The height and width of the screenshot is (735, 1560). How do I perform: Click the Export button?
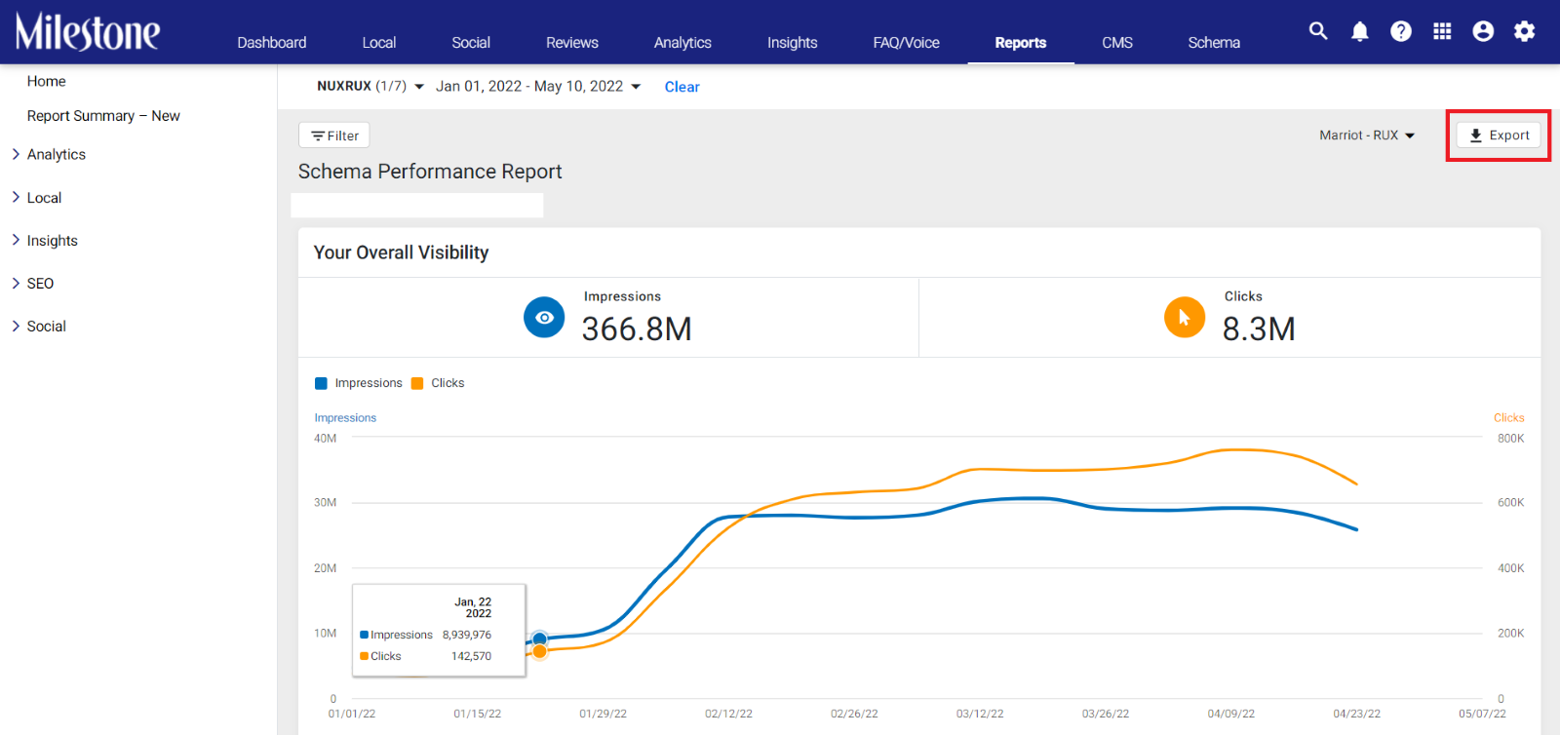coord(1499,135)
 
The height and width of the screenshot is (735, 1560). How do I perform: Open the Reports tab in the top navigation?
coord(1020,43)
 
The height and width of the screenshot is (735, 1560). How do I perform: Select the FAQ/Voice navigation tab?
coord(906,43)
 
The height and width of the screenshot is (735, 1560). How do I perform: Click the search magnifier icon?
coord(1317,30)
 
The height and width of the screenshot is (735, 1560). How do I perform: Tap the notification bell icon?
coord(1359,31)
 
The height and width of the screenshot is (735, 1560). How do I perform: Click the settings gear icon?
coord(1525,31)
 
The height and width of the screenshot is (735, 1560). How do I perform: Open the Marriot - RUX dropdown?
coord(1366,135)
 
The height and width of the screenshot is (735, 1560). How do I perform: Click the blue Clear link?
coord(682,87)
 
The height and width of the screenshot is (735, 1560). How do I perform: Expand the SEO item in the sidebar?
coord(40,284)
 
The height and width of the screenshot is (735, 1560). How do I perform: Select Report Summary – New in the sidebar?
coord(103,116)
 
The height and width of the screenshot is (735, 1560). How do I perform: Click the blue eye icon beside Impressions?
coord(544,318)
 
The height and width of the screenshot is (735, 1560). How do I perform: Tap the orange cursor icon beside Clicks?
coord(1184,318)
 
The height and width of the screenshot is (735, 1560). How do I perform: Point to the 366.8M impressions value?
coord(637,329)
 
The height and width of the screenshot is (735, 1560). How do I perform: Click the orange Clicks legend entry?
coord(438,383)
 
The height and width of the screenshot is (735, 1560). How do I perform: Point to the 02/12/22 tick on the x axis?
coord(728,714)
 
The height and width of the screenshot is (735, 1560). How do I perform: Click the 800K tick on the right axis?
coord(1510,439)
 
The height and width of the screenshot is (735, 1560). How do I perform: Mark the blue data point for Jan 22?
coord(539,638)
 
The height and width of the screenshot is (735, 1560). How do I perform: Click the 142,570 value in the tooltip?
coord(471,656)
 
